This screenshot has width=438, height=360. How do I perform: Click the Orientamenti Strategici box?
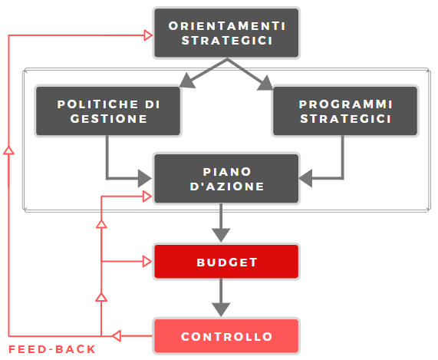(226, 33)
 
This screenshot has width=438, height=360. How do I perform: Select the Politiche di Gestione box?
(108, 111)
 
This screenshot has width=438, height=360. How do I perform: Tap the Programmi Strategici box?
(345, 111)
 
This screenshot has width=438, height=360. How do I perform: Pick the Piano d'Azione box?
(226, 179)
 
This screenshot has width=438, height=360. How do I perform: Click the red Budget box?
(226, 262)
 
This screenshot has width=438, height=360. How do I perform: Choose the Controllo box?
(226, 336)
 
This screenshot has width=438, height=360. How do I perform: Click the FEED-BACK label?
(52, 349)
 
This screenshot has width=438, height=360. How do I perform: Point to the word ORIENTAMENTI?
(227, 26)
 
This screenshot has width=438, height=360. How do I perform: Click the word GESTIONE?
(109, 119)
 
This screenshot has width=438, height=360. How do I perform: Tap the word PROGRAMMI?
(346, 104)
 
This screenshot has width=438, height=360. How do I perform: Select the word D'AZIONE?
(227, 187)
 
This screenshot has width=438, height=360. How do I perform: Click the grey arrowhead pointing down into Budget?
(221, 235)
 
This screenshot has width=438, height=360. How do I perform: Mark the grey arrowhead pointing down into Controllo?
(221, 309)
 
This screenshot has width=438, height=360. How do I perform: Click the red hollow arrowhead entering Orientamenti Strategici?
(148, 35)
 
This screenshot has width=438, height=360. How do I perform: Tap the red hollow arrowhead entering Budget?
(147, 262)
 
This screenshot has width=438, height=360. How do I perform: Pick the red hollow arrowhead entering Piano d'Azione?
(147, 197)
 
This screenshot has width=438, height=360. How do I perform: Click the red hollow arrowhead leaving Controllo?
(117, 335)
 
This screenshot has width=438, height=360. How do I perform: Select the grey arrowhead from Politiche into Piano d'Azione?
(145, 178)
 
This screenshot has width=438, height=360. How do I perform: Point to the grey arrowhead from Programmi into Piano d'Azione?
(305, 178)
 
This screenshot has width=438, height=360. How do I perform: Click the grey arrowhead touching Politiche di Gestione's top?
(187, 81)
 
